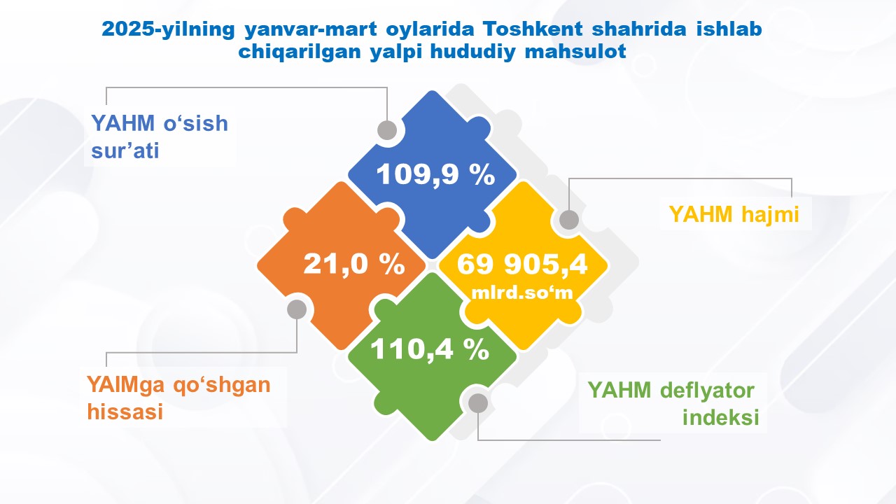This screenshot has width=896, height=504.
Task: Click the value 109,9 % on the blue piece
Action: pos(435,175)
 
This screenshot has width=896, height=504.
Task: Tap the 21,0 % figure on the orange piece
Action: pos(354,265)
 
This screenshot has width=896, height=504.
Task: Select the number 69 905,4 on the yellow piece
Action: pos(522,265)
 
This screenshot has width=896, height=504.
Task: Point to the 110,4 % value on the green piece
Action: pos(430,349)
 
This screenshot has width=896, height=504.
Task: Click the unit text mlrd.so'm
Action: pos(522,293)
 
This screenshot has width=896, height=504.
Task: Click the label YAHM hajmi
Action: pos(734,214)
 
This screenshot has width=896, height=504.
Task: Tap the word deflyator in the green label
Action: pos(707,391)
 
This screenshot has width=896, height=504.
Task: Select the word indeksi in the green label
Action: pos(721,417)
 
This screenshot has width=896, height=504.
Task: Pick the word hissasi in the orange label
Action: pos(125,412)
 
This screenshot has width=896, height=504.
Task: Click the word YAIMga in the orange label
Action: pos(126,386)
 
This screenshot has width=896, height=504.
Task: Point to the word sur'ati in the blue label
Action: pos(125,150)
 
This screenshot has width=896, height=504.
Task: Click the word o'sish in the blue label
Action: pos(195,124)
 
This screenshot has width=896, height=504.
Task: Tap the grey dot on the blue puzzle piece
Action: pos(387,130)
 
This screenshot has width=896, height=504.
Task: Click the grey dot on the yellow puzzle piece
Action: pos(569,220)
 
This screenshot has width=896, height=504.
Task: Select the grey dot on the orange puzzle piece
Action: pos(297,309)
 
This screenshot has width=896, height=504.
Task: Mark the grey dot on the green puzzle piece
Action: pos(478,402)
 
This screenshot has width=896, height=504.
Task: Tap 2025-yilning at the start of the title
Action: pos(168,30)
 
